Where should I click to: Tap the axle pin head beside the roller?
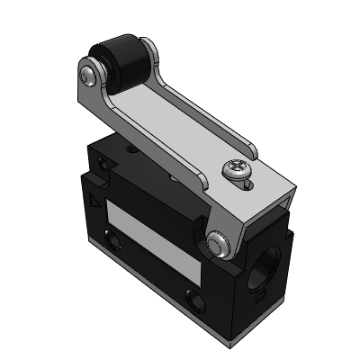[88, 71]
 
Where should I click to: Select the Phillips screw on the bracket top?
[237, 170]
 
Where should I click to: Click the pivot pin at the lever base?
[217, 242]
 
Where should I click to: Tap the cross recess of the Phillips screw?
[236, 167]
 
